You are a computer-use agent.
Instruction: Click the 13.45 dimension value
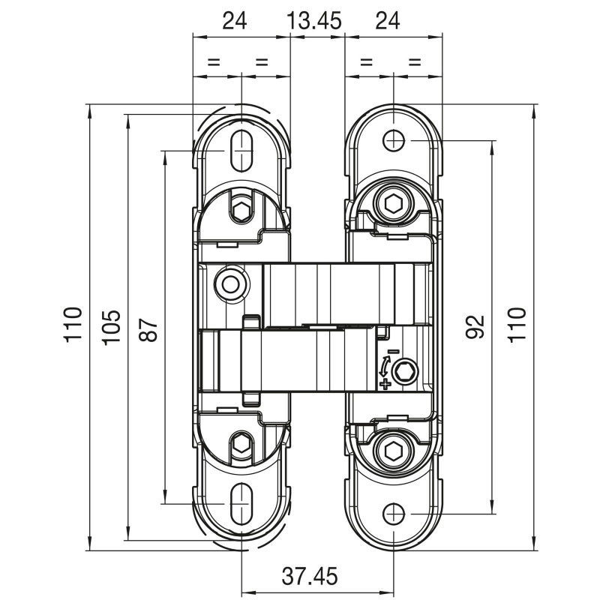click(313, 21)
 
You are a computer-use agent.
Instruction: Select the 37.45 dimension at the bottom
click(310, 576)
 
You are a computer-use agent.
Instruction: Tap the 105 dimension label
click(112, 327)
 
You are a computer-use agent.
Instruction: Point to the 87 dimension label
click(148, 329)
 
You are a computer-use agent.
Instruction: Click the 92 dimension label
click(475, 327)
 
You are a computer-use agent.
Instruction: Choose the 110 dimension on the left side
click(73, 324)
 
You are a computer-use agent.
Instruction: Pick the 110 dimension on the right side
click(517, 324)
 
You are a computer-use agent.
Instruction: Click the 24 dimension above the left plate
click(235, 21)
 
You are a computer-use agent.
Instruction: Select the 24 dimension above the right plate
click(388, 21)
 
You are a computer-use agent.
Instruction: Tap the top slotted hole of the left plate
click(241, 151)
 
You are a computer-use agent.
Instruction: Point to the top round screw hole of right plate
click(394, 140)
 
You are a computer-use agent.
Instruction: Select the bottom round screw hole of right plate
click(394, 514)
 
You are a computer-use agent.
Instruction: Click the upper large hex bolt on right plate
click(394, 203)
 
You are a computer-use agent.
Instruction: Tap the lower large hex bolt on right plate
click(394, 451)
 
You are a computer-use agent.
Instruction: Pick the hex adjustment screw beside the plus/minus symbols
click(405, 370)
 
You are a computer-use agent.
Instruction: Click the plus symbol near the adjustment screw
click(385, 383)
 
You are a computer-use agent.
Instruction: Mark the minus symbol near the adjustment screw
click(393, 351)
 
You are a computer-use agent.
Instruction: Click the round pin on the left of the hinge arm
click(231, 284)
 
